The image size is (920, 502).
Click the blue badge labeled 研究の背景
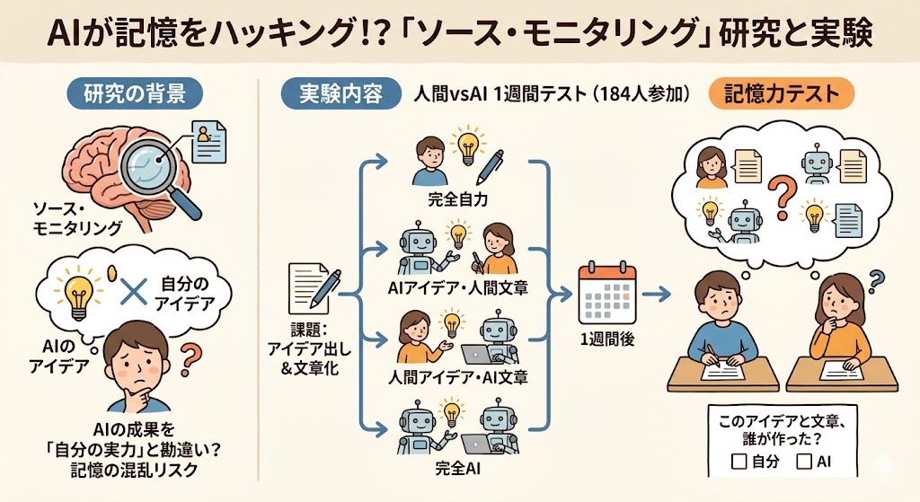[135, 93]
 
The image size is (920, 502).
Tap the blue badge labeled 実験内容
[341, 93]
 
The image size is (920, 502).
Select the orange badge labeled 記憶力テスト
[782, 93]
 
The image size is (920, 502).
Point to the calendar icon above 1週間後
[607, 294]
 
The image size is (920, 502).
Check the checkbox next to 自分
[739, 462]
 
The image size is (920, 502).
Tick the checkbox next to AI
[804, 462]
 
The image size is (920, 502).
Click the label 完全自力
[457, 199]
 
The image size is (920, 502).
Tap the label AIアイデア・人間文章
[457, 288]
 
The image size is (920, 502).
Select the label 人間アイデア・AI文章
[457, 377]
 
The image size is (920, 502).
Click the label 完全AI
[457, 468]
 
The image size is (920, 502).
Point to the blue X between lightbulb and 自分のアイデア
[133, 290]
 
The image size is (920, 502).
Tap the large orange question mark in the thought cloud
[782, 199]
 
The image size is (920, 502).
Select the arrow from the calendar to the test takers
[656, 295]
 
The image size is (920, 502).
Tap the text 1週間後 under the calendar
[607, 339]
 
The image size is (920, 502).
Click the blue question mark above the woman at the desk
[875, 279]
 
